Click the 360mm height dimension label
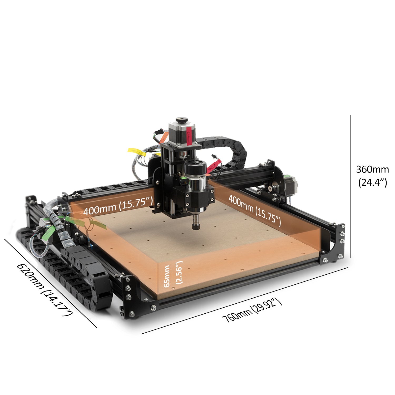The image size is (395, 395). tap(372, 169)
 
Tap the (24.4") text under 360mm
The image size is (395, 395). tap(373, 182)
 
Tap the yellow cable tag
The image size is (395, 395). tap(137, 151)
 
